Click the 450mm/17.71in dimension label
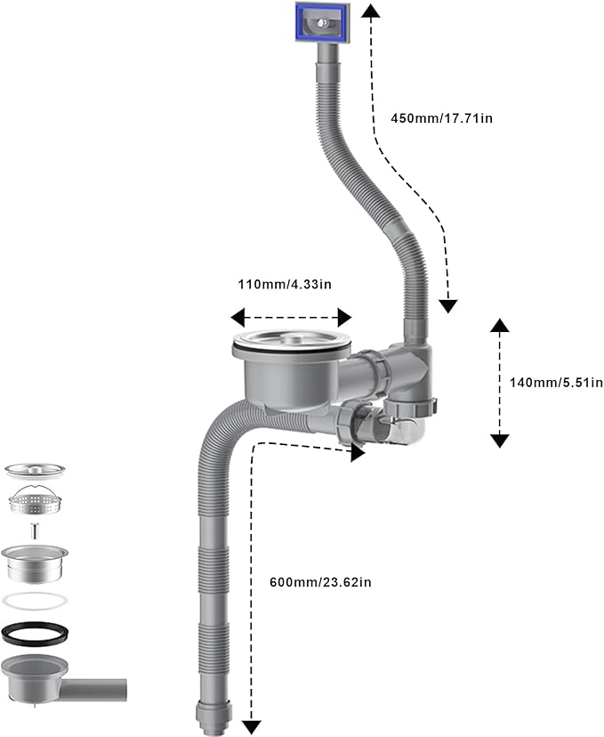pyautogui.click(x=441, y=117)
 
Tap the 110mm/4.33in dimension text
pyautogui.click(x=285, y=284)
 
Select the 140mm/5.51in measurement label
pyautogui.click(x=556, y=382)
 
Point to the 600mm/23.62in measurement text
pyautogui.click(x=320, y=582)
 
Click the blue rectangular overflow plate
pyautogui.click(x=323, y=22)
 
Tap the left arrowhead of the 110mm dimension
pyautogui.click(x=238, y=317)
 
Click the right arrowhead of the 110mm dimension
pyautogui.click(x=345, y=317)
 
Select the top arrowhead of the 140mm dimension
pyautogui.click(x=500, y=325)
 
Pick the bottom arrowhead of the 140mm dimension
pyautogui.click(x=500, y=441)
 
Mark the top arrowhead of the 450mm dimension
pyautogui.click(x=371, y=10)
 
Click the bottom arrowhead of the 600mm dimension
pyautogui.click(x=252, y=727)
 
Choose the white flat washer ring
pyautogui.click(x=35, y=601)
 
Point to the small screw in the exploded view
pyautogui.click(x=34, y=530)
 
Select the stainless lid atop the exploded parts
pyautogui.click(x=35, y=470)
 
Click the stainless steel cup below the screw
pyautogui.click(x=35, y=563)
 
